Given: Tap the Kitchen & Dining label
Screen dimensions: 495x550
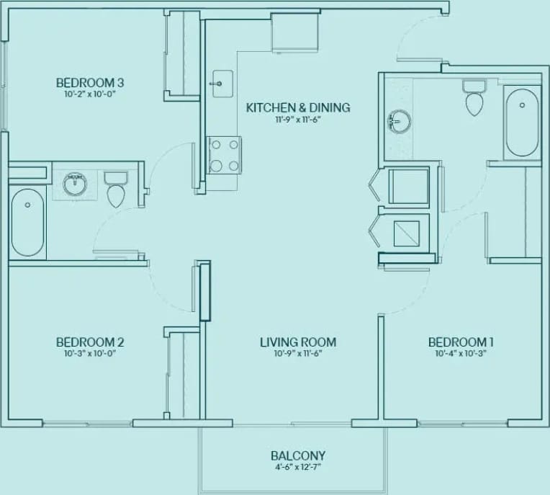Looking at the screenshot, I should (298, 107).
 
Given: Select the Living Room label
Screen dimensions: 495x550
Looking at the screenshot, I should (298, 342).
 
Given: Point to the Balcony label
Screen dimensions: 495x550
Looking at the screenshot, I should (298, 455).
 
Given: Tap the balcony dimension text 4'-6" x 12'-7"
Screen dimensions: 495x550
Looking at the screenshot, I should (298, 467).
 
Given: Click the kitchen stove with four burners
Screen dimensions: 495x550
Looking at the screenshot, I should (223, 155).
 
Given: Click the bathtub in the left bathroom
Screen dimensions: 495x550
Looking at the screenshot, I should (27, 223).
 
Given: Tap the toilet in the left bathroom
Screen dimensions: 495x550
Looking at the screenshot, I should (115, 189).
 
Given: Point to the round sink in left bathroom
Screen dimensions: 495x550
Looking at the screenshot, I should (73, 184).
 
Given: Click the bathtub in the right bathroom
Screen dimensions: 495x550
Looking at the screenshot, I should (522, 122).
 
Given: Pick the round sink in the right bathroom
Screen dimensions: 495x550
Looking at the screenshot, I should (397, 122).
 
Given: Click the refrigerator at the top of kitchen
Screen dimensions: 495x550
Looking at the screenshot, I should (295, 32).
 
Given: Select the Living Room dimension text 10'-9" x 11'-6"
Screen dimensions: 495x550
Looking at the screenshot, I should (298, 354).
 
